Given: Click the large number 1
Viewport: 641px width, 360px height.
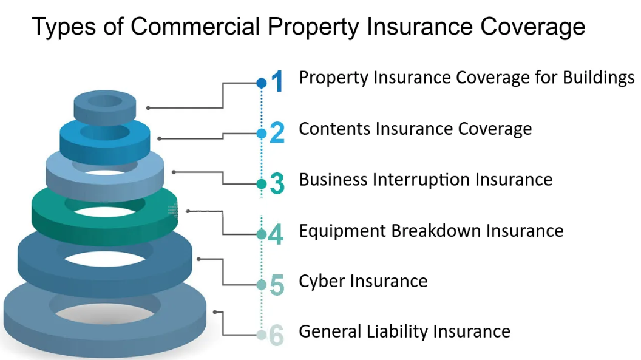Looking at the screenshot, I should coord(277,82).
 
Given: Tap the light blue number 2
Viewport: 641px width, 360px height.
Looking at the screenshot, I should coord(277,133).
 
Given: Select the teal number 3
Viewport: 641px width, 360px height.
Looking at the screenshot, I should coord(277,184).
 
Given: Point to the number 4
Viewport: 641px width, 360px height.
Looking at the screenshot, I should coord(276,234).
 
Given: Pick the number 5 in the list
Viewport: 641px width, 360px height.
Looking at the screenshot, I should coord(277,285).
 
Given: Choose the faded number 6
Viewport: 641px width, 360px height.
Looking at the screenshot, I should coord(276,335).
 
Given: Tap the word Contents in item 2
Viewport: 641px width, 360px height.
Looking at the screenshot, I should coord(335,129).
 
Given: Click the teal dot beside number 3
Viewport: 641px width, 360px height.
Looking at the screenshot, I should coord(261,184).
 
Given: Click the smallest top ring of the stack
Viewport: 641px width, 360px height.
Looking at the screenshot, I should coord(106,108).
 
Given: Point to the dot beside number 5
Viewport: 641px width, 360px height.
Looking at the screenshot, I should coord(261,285).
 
